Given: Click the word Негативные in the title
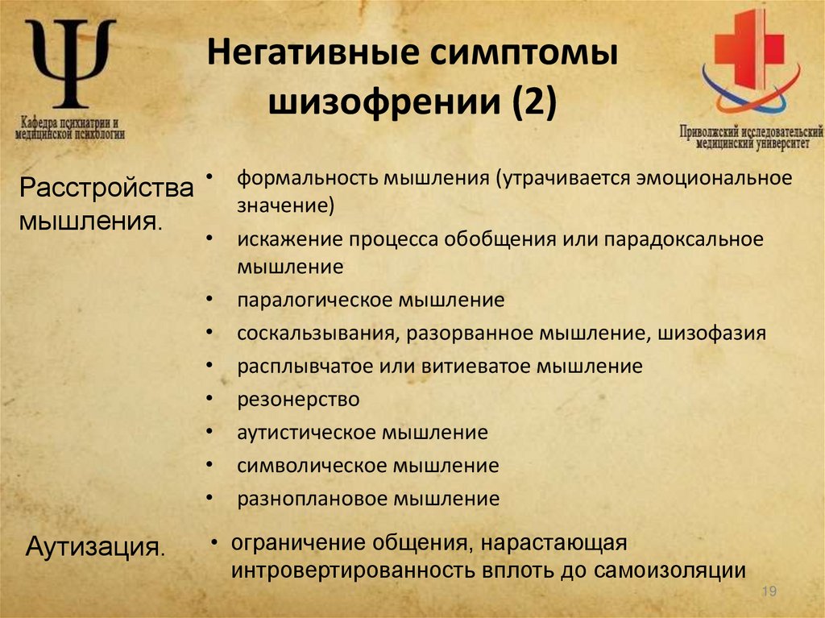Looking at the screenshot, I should pos(309,58).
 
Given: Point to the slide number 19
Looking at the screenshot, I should pos(768,593).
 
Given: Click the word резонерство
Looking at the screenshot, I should pos(298,400).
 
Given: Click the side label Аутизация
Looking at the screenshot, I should pos(96,549).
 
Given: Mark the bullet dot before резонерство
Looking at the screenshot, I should pos(209,399).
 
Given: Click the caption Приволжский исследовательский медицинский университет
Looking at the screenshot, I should pos(751,138).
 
